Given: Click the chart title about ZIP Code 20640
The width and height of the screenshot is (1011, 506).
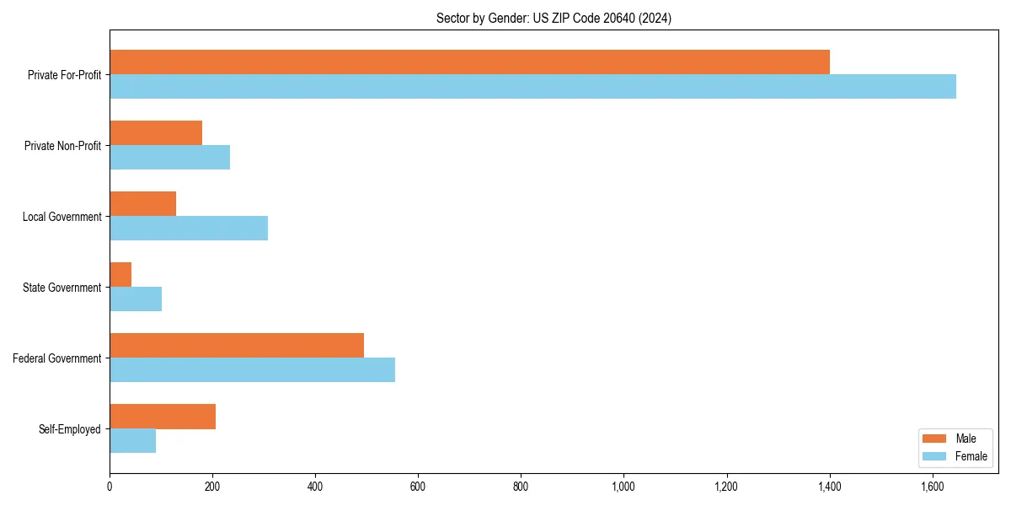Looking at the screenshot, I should click(554, 18).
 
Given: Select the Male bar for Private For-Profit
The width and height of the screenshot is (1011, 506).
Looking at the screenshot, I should click(469, 62).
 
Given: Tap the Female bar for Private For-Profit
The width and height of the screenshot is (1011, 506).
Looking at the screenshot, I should click(532, 87).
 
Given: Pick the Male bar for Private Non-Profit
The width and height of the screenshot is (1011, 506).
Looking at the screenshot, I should click(156, 132).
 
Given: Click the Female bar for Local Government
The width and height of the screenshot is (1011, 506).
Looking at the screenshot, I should click(189, 229).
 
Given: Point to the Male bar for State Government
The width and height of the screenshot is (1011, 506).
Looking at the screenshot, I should click(120, 274).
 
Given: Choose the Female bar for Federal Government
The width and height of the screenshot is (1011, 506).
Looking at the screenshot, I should click(252, 370).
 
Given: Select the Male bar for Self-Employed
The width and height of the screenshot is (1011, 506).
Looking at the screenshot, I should click(163, 417).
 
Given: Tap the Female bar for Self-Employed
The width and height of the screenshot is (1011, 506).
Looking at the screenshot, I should click(132, 441).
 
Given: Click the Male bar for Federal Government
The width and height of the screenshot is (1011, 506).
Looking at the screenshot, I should click(237, 345).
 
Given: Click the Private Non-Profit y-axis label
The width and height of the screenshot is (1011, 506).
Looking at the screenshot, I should click(62, 146).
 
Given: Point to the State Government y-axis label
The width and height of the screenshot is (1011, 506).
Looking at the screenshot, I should click(62, 288).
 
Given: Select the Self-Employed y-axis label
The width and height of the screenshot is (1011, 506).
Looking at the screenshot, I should click(70, 429).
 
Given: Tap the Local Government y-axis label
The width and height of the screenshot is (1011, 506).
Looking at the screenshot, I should click(62, 217).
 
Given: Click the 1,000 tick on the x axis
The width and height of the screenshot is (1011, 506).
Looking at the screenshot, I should click(623, 487).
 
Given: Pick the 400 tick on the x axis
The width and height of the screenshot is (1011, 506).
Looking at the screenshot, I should click(315, 487).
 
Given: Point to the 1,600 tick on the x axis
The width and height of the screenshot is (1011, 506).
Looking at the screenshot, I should click(932, 487).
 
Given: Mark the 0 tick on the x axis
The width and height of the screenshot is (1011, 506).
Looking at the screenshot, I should click(110, 487).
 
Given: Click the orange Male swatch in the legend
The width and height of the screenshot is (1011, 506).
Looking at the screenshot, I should click(935, 439).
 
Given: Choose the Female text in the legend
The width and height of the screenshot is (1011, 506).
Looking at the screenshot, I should click(971, 456).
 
